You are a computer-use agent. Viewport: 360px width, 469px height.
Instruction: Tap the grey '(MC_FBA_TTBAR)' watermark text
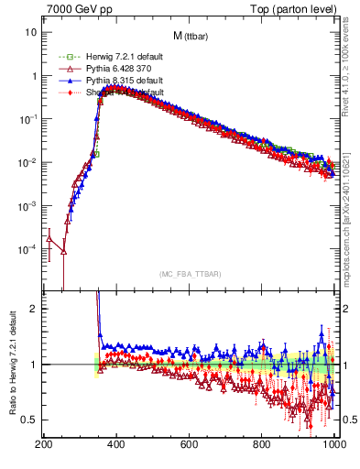[x=190, y=274]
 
